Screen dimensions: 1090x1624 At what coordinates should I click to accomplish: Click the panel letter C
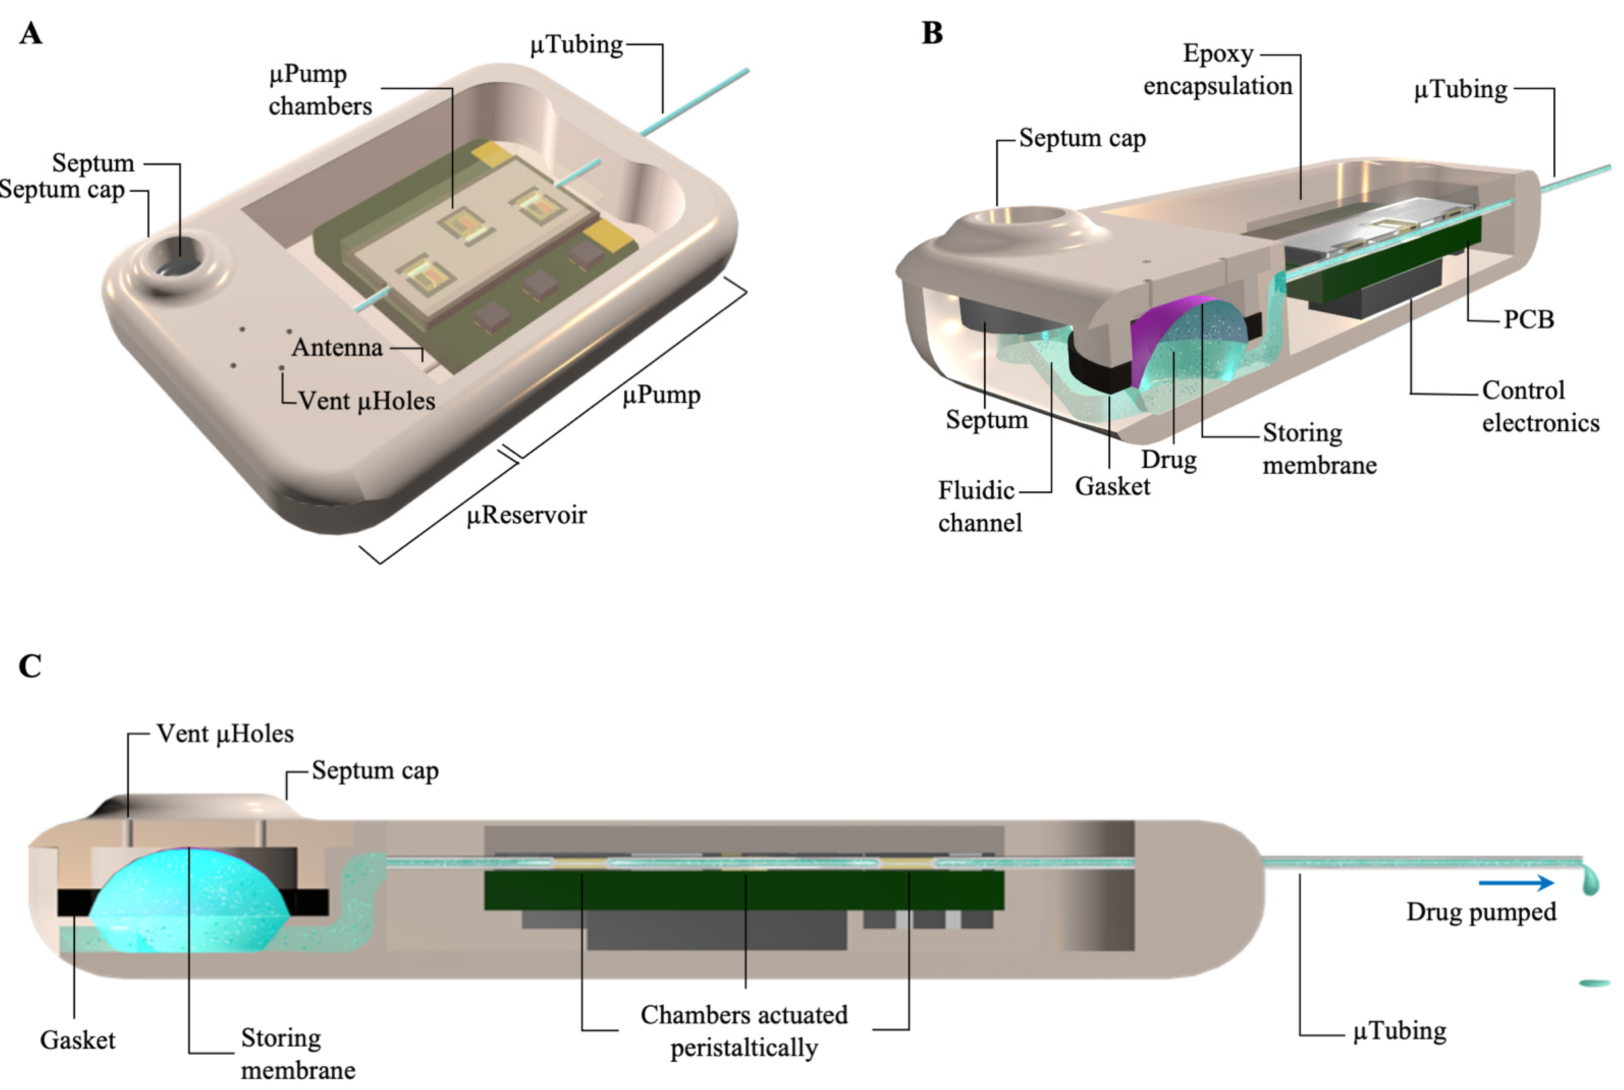tap(30, 666)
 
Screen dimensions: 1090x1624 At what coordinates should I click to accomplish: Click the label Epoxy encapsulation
tap(1217, 70)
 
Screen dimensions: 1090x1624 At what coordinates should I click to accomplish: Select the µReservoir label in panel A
tap(526, 515)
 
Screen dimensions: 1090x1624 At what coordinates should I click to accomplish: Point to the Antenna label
tap(337, 347)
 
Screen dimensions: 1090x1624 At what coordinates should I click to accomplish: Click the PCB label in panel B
tap(1528, 319)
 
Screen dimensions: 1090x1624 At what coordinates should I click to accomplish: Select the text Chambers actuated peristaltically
tap(744, 1030)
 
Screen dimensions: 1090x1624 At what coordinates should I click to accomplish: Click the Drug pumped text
tap(1481, 912)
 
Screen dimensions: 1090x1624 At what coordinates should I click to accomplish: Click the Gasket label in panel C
tap(77, 1040)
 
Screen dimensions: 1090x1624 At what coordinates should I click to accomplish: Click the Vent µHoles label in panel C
tap(224, 733)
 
